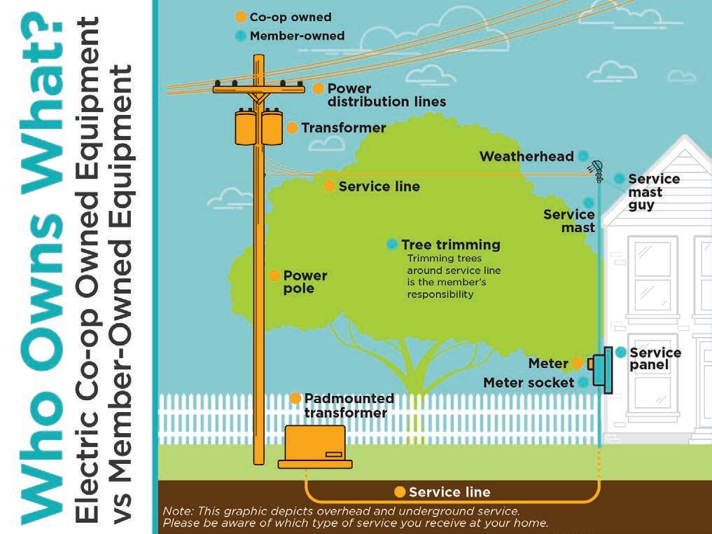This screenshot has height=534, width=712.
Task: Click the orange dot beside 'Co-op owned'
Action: (x=241, y=17)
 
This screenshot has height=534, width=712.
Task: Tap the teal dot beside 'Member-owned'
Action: (x=241, y=36)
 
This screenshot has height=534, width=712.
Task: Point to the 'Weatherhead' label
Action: (x=526, y=156)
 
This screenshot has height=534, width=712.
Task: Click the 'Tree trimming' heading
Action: (x=450, y=245)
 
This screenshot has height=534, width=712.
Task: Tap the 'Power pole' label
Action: (x=305, y=282)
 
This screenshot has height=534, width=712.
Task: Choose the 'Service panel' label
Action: (x=655, y=359)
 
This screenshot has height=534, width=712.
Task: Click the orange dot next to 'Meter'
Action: (x=577, y=363)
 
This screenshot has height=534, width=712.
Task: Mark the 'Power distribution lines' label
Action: (x=386, y=95)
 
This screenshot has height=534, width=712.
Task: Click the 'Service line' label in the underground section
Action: (x=449, y=492)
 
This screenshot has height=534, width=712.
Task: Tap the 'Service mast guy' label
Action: (x=653, y=192)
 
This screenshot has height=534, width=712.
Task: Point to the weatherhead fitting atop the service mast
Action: (x=597, y=168)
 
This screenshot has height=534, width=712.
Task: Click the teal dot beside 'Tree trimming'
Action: (x=392, y=245)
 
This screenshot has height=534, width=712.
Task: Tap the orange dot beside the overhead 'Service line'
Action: (x=329, y=186)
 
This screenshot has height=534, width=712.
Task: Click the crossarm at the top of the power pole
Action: (x=259, y=89)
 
